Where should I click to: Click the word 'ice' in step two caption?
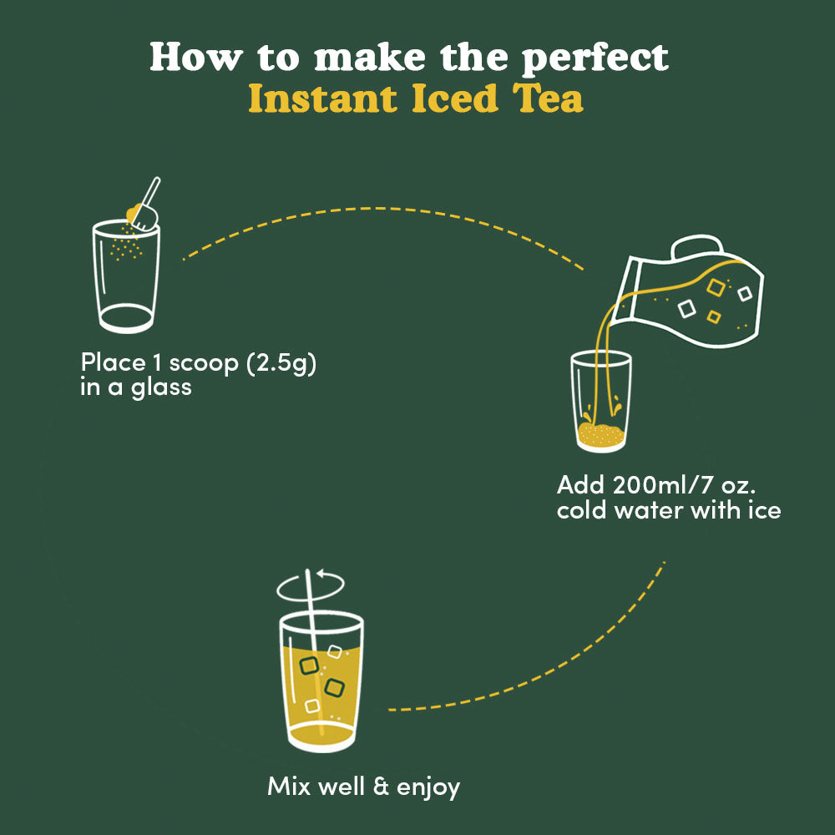(x=763, y=509)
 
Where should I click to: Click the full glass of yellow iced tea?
(x=321, y=685)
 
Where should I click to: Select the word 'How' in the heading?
(x=191, y=57)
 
